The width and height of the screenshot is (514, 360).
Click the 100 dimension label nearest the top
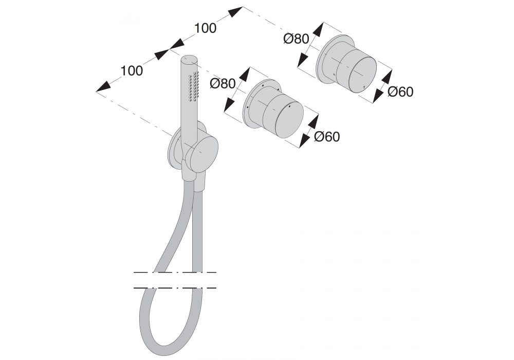coord(206,28)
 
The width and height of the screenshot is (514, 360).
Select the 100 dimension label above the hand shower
coord(132,71)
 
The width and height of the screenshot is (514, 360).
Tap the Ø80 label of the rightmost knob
coord(296,39)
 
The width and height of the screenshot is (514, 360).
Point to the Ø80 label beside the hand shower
coord(223,83)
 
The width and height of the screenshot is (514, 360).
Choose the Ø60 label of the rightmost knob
coord(400,92)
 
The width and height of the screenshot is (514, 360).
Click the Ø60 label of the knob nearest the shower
coord(327,137)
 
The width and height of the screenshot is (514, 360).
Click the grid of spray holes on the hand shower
coord(194,86)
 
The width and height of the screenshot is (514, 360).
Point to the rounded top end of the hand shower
coord(190,58)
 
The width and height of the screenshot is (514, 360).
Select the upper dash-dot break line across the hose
coord(175,272)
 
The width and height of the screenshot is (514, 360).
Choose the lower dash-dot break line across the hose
coord(175,287)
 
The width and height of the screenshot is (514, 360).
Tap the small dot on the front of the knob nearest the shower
coord(289,107)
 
